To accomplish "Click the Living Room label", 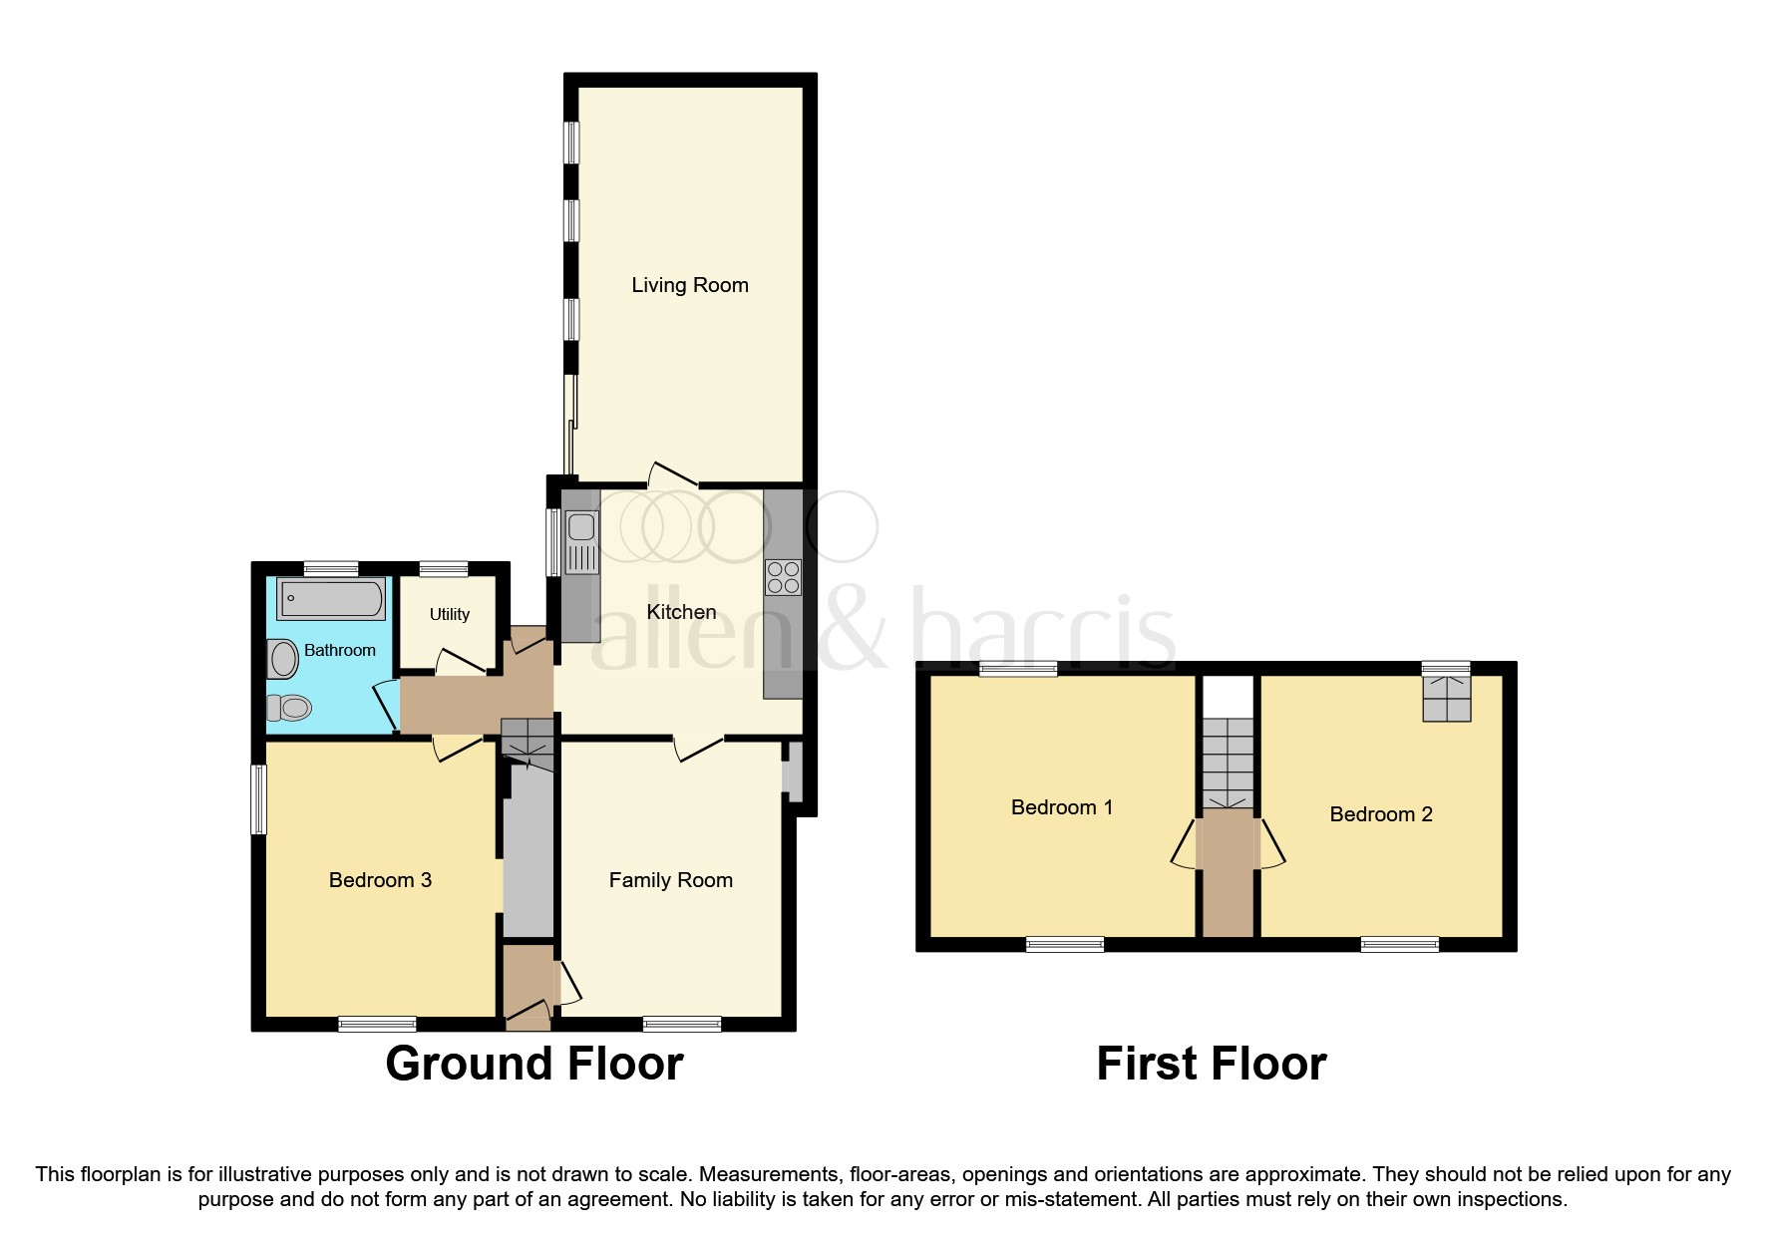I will click(689, 285).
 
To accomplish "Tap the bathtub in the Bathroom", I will click(330, 599).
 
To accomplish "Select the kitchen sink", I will click(581, 541).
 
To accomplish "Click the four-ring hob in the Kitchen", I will click(783, 577).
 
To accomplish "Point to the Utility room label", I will click(449, 614).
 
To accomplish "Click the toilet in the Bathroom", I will click(289, 708).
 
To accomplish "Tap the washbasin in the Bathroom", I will click(283, 660).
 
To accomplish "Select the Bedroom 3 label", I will click(380, 880).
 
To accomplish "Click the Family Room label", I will click(670, 880).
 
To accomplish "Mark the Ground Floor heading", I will click(533, 1064).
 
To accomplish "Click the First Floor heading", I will click(1211, 1064).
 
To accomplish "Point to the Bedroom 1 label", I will click(1061, 807).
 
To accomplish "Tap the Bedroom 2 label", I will click(1380, 814).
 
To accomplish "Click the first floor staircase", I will click(1227, 763).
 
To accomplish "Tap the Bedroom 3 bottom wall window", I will click(377, 1024).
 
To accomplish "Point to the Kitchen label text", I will click(681, 612).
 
